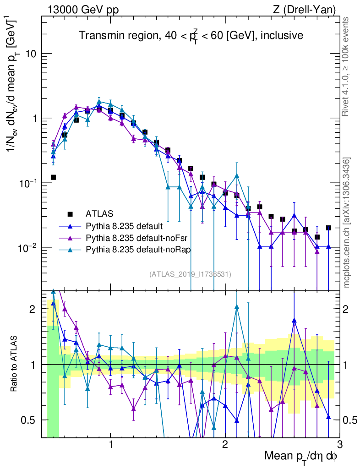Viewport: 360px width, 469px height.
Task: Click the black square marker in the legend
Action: point(70,214)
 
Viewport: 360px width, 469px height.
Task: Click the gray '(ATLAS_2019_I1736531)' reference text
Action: point(190,274)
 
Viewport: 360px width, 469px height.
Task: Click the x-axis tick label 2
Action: point(225,444)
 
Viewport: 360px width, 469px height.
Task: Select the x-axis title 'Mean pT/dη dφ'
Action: point(300,456)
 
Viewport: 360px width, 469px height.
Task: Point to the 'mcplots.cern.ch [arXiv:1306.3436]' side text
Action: point(347,222)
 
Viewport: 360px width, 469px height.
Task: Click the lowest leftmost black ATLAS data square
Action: point(53,177)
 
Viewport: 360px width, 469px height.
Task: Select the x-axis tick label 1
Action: point(111,444)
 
